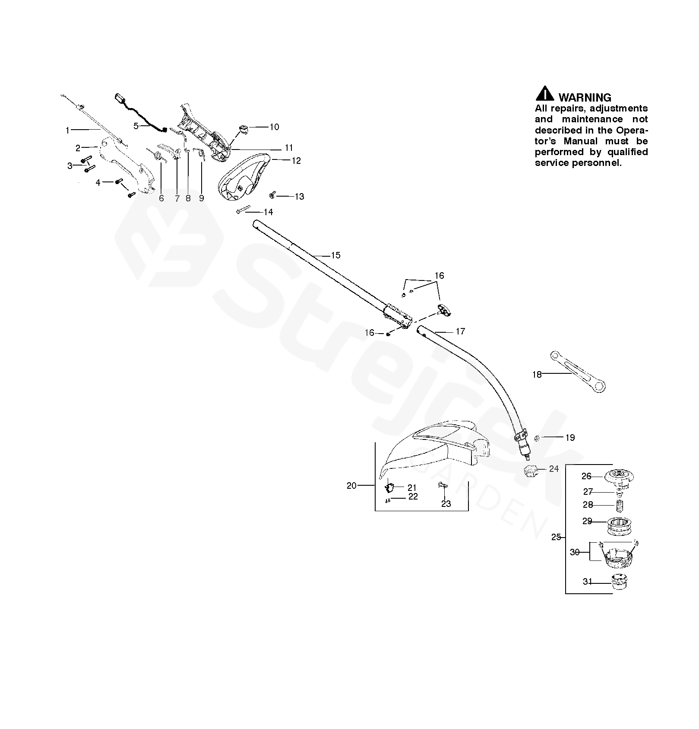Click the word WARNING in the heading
click(585, 98)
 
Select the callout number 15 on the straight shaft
click(335, 255)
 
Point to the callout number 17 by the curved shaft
click(460, 331)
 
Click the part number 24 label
click(554, 469)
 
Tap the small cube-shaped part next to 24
click(531, 471)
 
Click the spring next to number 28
click(620, 505)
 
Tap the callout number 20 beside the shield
click(351, 486)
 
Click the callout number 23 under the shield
click(446, 503)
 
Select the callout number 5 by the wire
click(136, 126)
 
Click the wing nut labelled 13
click(272, 196)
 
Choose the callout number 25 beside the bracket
click(557, 537)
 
